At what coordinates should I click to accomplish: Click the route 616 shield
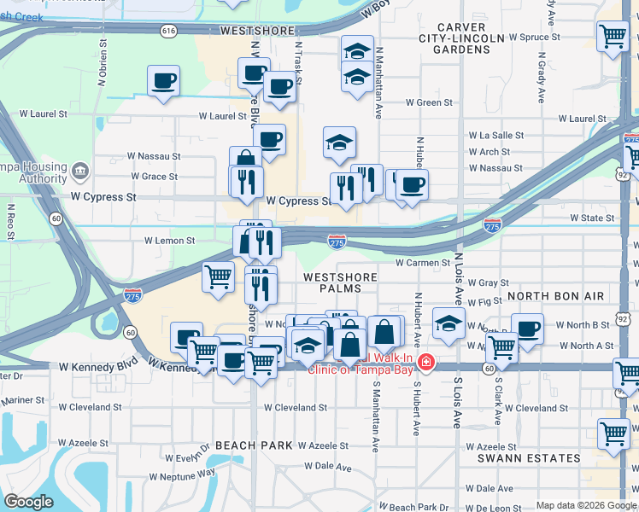168,30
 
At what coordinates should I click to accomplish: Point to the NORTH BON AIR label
555,296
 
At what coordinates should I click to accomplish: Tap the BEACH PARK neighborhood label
254,445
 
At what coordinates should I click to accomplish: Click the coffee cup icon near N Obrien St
163,81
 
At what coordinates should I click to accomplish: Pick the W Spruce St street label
534,38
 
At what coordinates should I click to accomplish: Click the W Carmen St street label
422,263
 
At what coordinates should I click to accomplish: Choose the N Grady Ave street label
542,78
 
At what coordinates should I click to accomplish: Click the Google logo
29,502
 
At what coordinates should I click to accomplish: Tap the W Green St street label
429,102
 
